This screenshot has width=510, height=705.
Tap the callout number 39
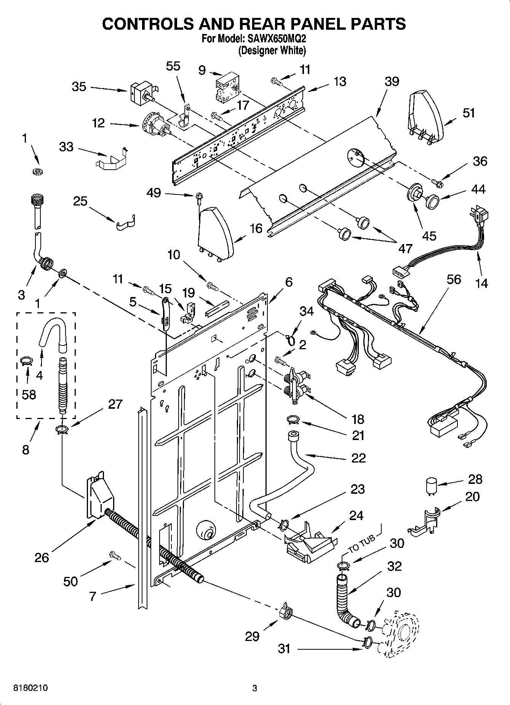click(x=392, y=81)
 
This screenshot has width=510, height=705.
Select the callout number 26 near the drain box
click(x=42, y=557)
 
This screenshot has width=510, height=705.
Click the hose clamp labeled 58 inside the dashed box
click(x=26, y=360)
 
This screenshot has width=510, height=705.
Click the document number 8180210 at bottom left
click(x=31, y=688)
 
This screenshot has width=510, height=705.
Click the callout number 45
click(x=429, y=235)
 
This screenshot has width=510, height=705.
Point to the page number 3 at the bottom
click(x=254, y=688)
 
